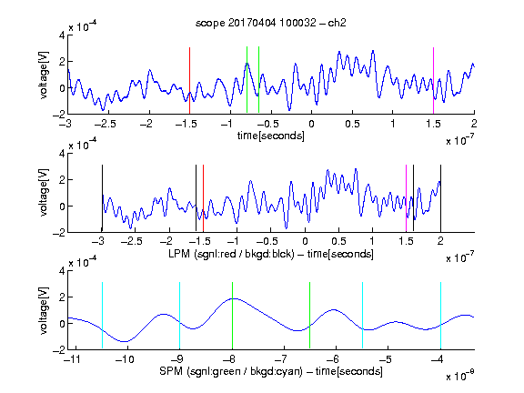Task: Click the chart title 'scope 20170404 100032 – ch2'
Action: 271,23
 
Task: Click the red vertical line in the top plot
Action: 189,81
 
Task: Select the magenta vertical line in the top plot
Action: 433,81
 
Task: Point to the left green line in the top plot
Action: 247,80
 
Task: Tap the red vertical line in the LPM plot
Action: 203,198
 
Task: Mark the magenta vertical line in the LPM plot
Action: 406,198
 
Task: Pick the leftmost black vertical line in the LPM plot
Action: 102,198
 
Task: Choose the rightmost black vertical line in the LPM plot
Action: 440,198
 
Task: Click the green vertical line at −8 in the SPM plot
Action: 232,316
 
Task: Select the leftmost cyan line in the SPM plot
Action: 102,316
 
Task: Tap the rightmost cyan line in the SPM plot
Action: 440,316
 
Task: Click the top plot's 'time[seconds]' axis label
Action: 271,136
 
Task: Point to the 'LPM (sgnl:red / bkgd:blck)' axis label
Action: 231,254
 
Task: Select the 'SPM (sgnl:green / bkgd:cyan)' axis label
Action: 231,371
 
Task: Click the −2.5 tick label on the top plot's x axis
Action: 105,124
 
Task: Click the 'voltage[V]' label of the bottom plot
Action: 44,310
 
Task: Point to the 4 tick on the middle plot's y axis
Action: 62,153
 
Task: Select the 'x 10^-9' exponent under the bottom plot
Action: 460,376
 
